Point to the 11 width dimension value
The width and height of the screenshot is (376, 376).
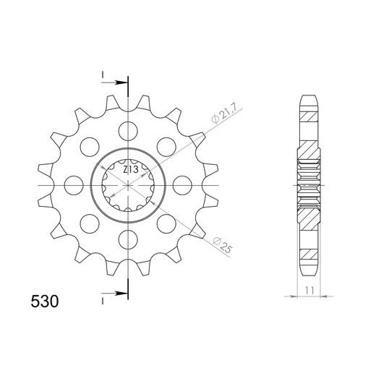309,289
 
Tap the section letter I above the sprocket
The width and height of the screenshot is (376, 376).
103,74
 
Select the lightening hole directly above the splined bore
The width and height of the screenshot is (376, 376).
128,131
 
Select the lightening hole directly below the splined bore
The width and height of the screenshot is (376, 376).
128,239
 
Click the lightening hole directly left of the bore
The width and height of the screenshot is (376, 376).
74,185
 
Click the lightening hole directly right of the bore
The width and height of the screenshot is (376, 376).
182,185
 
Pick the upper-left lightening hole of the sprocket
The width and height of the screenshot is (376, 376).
90,147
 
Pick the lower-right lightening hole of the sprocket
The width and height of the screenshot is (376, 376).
166,223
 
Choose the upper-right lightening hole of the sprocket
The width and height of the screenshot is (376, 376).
166,147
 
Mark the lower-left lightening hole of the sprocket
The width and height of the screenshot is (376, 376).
90,223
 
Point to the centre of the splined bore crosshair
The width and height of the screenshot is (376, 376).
128,185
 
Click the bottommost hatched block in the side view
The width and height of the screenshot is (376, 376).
309,255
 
